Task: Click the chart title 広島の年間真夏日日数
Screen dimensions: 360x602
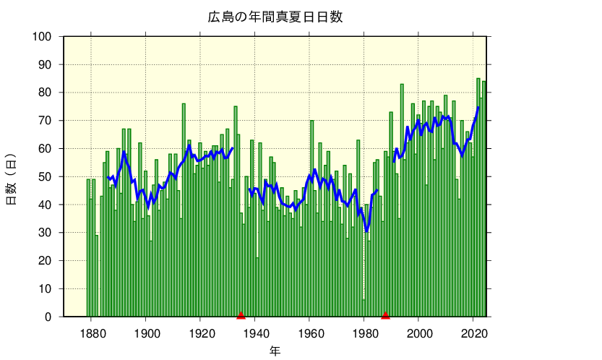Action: point(275,17)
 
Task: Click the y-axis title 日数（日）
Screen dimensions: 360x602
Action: point(12,179)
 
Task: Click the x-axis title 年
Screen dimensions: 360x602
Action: point(275,351)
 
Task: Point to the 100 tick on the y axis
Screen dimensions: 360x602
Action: point(43,37)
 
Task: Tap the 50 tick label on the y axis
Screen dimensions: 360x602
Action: point(46,177)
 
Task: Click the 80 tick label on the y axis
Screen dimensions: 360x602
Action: point(46,93)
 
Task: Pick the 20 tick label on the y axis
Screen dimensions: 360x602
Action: point(46,261)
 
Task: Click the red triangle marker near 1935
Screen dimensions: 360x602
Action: point(241,314)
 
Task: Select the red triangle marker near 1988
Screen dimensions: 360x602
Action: point(386,314)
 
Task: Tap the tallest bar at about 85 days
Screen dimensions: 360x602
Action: point(478,195)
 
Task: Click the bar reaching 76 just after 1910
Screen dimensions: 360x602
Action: point(184,210)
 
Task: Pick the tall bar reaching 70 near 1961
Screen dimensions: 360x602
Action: point(312,217)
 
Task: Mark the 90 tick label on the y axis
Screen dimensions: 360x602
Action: point(46,65)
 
